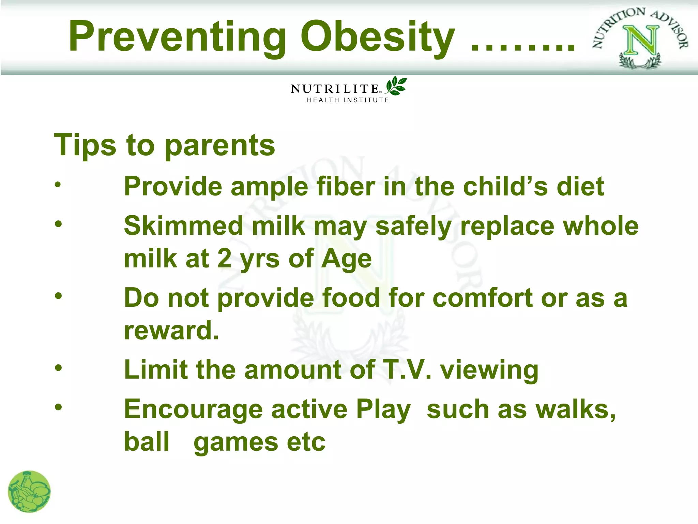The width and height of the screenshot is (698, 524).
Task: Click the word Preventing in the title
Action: (177, 37)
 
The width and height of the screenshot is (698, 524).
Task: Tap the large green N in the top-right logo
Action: (641, 41)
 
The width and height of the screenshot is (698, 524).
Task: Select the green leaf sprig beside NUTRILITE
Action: (396, 86)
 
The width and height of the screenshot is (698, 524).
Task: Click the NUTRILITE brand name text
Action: (335, 89)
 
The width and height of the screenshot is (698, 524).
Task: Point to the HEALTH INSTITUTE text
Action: (348, 100)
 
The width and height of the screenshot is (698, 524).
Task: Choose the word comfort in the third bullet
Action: (483, 298)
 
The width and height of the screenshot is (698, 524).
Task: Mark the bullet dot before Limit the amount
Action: (58, 368)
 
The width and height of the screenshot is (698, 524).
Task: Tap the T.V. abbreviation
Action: (407, 369)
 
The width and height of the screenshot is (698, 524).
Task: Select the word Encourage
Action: (193, 409)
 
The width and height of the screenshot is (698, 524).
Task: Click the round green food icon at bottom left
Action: (29, 492)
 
